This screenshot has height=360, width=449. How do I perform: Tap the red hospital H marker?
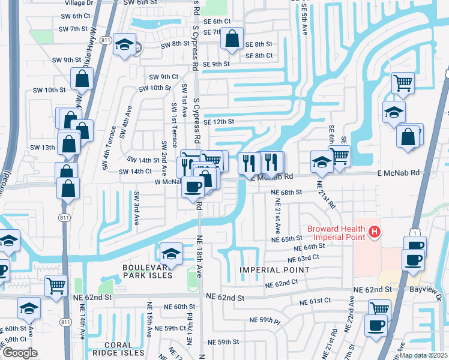pos(375,230)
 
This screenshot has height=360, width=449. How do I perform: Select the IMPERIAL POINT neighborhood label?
pos(274,270)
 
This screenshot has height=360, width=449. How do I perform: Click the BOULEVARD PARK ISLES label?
pos(148,271)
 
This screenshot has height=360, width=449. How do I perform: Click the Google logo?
pos(20,353)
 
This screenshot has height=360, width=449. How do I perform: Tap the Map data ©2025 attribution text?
pos(423,355)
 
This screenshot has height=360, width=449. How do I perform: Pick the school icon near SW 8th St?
pos(125,45)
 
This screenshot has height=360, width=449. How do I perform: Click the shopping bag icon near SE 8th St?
pos(232,39)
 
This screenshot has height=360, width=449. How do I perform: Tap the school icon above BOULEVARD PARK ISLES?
pos(171,253)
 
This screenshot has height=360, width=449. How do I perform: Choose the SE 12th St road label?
pos(218,122)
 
